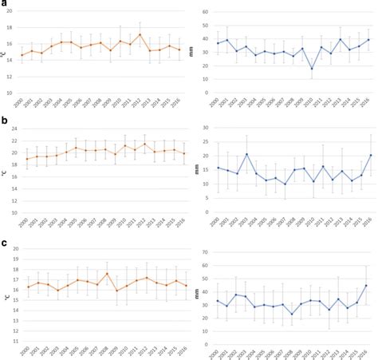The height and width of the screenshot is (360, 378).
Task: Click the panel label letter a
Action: point(5,5)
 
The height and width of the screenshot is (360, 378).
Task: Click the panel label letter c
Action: point(5,243)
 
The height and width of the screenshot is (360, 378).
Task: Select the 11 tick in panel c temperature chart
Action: point(10,341)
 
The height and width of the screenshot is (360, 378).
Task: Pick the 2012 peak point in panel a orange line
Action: point(140,34)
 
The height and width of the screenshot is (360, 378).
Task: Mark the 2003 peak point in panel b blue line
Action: point(247,154)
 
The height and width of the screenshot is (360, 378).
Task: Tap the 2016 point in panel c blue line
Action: point(366,286)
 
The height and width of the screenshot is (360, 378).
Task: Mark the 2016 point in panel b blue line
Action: point(366,156)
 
